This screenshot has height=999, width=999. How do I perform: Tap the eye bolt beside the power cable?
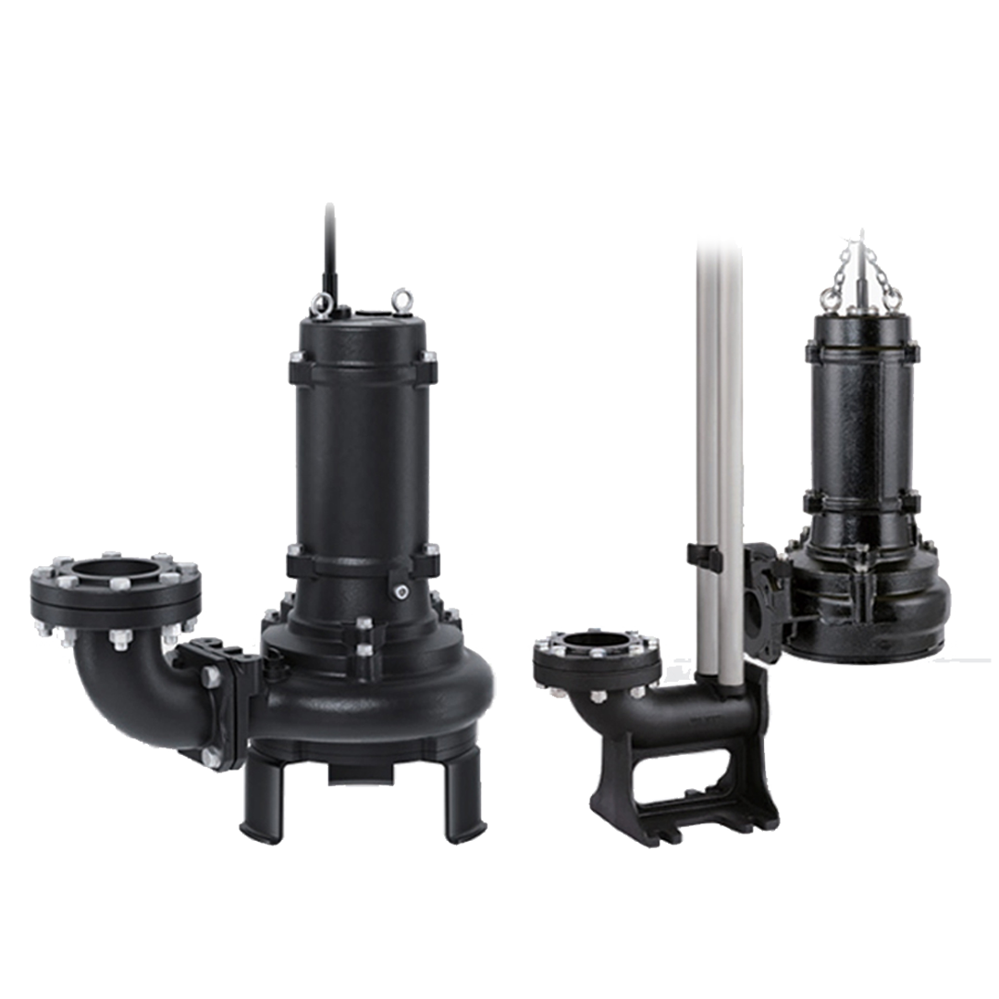[322, 303]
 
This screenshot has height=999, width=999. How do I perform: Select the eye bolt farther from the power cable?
[401, 299]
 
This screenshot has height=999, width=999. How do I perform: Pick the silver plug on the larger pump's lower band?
[400, 590]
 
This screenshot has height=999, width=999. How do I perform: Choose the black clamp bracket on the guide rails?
[705, 556]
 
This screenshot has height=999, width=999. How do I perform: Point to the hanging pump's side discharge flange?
[764, 601]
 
